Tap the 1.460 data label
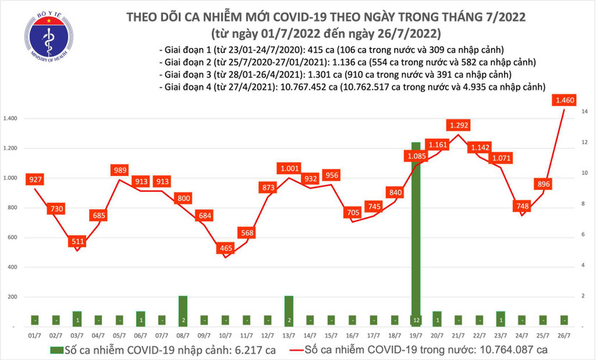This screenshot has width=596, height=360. tap(564, 101)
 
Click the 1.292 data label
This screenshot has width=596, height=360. tap(458, 125)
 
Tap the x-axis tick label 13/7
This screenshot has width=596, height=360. tap(289, 336)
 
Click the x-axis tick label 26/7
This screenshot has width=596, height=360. tap(564, 336)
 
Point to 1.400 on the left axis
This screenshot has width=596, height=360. tap(11, 118)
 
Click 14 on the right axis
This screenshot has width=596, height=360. tap(586, 112)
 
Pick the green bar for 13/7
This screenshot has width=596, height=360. tap(289, 310)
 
